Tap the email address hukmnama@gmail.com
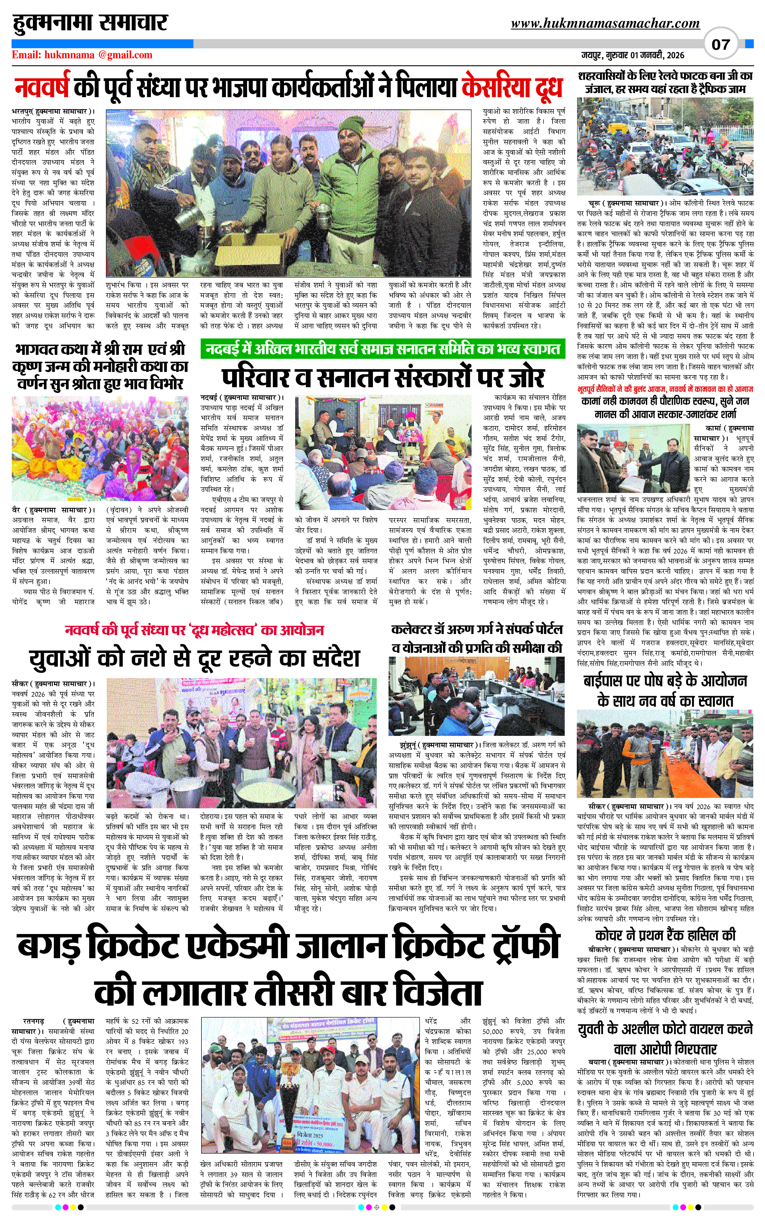[x=82, y=55]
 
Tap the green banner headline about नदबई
[x=383, y=349]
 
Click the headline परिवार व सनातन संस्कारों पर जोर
[x=383, y=377]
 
